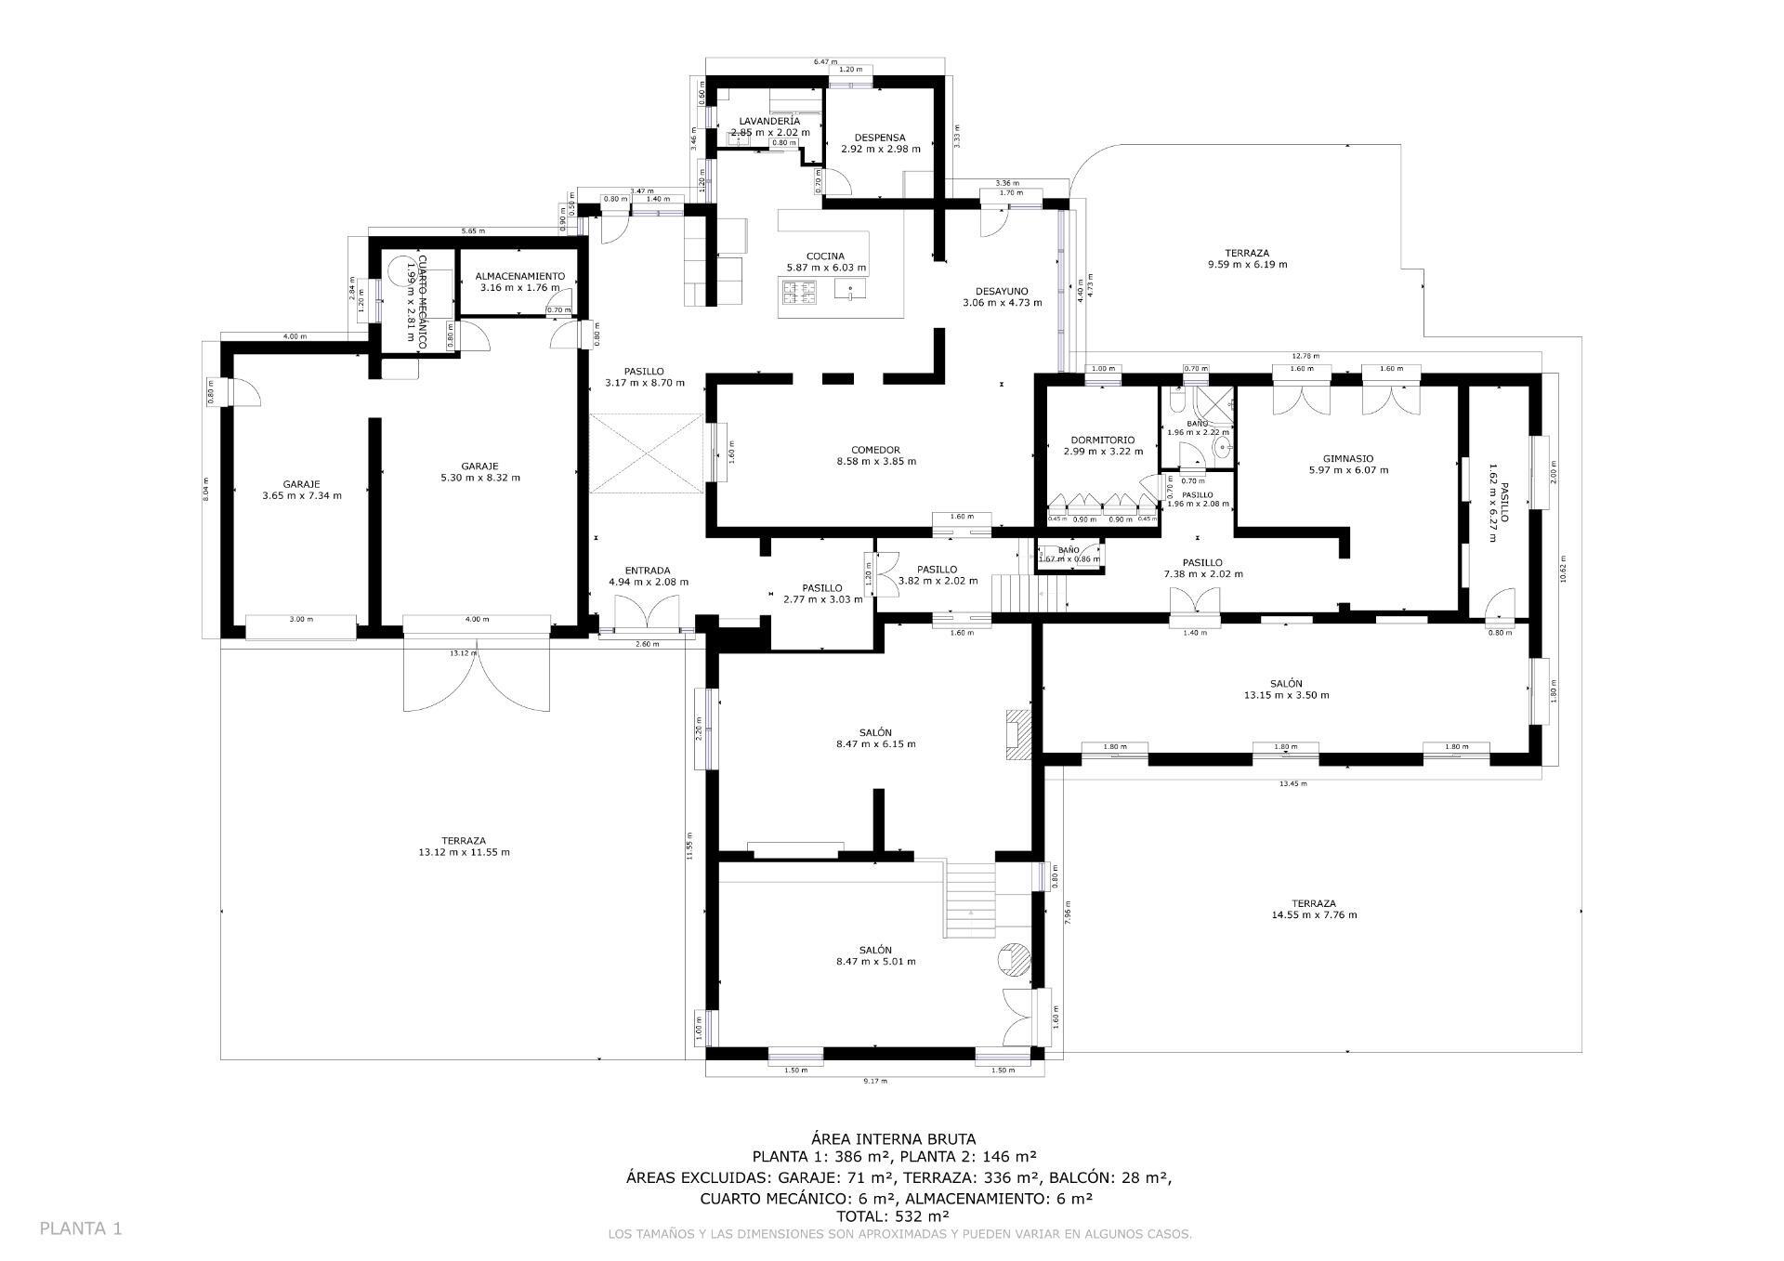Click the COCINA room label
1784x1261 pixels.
[825, 256]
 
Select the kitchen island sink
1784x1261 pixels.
[849, 291]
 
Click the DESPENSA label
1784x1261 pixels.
[879, 138]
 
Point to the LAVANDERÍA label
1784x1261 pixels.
[769, 122]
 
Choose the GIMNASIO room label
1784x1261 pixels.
[1347, 458]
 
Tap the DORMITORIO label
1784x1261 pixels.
[1102, 440]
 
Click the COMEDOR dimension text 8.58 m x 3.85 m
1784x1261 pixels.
[876, 462]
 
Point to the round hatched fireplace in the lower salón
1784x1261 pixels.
[1015, 959]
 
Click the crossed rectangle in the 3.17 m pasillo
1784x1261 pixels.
[647, 453]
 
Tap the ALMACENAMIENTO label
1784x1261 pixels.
[519, 276]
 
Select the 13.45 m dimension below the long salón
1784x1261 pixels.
[1292, 783]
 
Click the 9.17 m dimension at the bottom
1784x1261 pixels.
[874, 1081]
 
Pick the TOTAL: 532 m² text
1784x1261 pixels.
[893, 1215]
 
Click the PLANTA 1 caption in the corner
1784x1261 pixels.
[81, 1228]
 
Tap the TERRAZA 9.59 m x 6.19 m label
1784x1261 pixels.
[1246, 253]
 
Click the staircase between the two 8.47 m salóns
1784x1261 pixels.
[970, 900]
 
